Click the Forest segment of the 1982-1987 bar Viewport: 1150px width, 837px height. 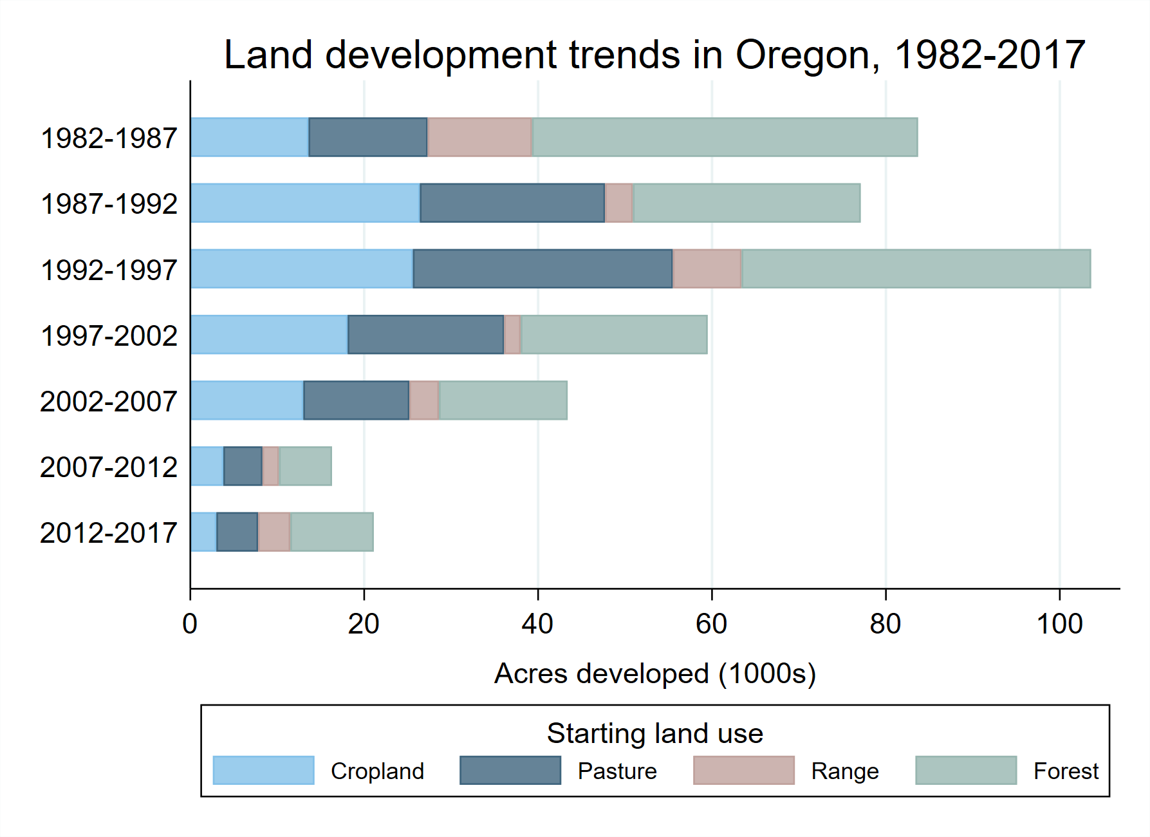pyautogui.click(x=725, y=137)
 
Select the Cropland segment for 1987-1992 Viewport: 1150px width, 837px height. pyautogui.click(x=305, y=203)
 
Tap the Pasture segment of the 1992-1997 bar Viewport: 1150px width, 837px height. pyautogui.click(x=543, y=268)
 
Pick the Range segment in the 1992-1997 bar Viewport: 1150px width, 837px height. pyautogui.click(x=707, y=268)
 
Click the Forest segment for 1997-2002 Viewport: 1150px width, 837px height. pyautogui.click(x=614, y=334)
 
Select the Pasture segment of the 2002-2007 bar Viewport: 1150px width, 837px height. pyautogui.click(x=356, y=400)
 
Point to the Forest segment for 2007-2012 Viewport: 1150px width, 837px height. pyautogui.click(x=305, y=466)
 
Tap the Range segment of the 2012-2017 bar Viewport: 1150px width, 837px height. pyautogui.click(x=274, y=532)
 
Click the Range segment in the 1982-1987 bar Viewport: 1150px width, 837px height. pyautogui.click(x=479, y=137)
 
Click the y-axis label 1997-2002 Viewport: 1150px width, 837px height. pyautogui.click(x=108, y=335)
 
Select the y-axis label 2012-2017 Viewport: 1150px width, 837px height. pyautogui.click(x=108, y=533)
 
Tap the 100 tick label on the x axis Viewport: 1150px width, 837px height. pyautogui.click(x=1059, y=624)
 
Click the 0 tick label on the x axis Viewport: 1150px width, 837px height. pyautogui.click(x=190, y=624)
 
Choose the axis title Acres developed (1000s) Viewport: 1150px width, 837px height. pyautogui.click(x=654, y=673)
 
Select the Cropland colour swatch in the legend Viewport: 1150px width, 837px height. pyautogui.click(x=263, y=770)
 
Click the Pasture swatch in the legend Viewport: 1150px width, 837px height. pyautogui.click(x=510, y=770)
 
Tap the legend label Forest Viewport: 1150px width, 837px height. pyautogui.click(x=1066, y=771)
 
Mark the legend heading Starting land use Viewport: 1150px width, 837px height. pyautogui.click(x=654, y=733)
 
